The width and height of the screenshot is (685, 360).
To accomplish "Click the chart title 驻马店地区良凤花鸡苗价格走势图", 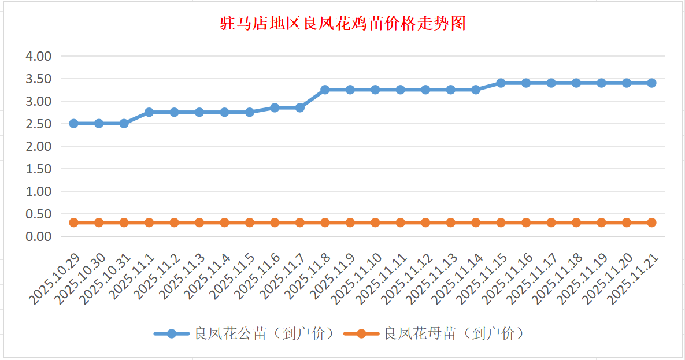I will [x=343, y=24].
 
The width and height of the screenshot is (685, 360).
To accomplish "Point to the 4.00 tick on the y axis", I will [x=39, y=56].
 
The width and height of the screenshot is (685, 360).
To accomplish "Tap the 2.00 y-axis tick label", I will [x=39, y=146].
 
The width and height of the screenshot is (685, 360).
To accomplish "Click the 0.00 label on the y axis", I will [x=39, y=236].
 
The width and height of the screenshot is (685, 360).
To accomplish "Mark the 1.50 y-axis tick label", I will [x=39, y=169].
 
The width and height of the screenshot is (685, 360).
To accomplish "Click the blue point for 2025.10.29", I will [x=73, y=124].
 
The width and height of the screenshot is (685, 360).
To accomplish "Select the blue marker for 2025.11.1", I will [x=149, y=112].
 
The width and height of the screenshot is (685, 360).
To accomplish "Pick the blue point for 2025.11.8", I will [x=325, y=90].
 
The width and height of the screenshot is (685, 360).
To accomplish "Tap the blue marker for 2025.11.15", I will [x=501, y=83].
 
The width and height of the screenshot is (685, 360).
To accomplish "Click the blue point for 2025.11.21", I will [x=651, y=83].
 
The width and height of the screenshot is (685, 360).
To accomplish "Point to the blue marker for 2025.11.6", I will [x=275, y=107].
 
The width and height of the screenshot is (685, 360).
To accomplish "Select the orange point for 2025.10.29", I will [x=73, y=222].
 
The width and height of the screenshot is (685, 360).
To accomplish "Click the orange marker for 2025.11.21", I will [x=651, y=222].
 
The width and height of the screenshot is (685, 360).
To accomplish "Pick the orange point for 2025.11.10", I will [x=375, y=222].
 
